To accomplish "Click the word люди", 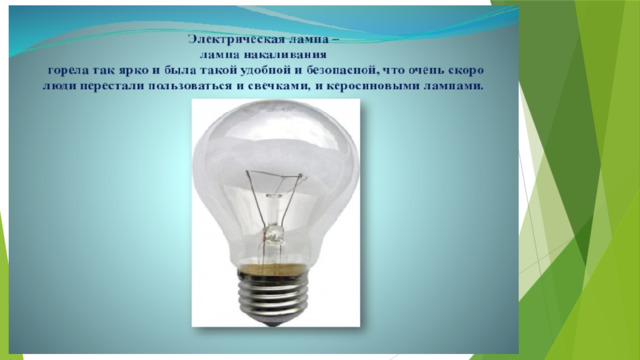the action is click(x=58, y=87).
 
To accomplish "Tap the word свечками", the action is click(x=276, y=87).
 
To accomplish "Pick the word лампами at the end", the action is click(x=454, y=87).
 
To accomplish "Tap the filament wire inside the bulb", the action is click(x=275, y=174).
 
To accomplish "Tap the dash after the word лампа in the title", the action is click(x=336, y=40).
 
